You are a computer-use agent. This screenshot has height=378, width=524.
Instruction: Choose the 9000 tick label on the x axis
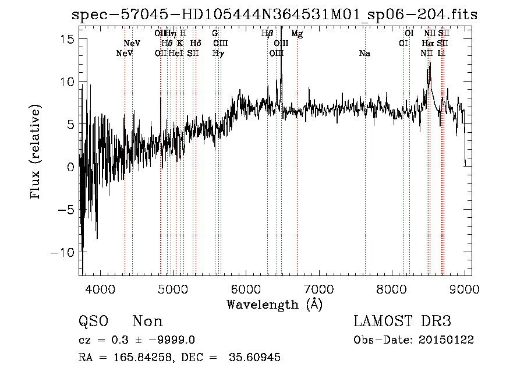click(x=465, y=289)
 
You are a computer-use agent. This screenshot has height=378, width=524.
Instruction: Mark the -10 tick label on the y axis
click(x=62, y=252)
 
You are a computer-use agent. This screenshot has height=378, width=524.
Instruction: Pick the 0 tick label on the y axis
click(x=70, y=167)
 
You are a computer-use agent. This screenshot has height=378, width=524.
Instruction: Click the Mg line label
click(x=297, y=34)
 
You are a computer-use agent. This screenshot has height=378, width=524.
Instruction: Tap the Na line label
click(x=365, y=54)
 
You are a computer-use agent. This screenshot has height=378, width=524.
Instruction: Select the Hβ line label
click(x=267, y=34)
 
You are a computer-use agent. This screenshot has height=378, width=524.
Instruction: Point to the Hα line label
click(x=428, y=44)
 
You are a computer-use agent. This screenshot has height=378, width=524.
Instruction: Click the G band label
click(x=215, y=34)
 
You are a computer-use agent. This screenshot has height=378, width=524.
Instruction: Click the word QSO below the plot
click(x=93, y=322)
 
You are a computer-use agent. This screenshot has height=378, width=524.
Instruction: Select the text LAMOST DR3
click(x=402, y=322)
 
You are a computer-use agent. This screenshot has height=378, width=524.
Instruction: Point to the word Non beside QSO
click(x=148, y=322)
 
